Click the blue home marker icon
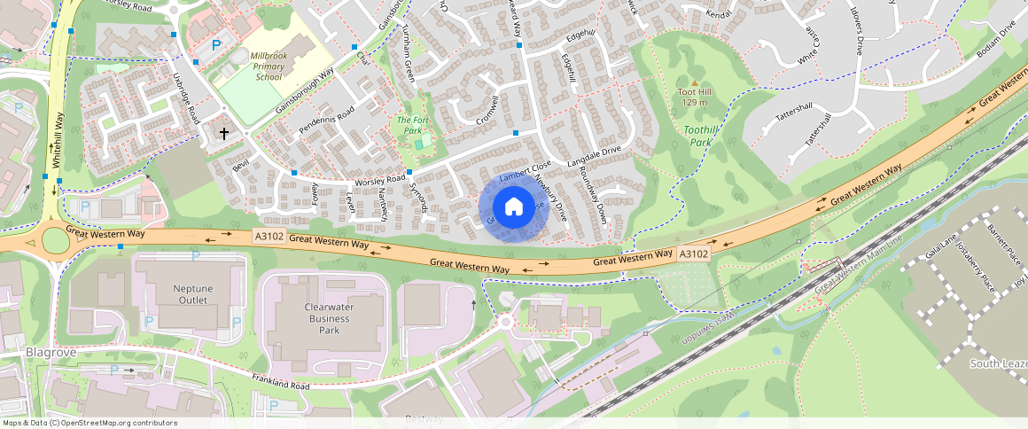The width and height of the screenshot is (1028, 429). pyautogui.click(x=513, y=207)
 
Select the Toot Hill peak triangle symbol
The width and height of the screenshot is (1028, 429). pyautogui.click(x=694, y=83)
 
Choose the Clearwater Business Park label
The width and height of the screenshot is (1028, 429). pyautogui.click(x=316, y=319)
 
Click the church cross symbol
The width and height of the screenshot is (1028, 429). pyautogui.click(x=223, y=134)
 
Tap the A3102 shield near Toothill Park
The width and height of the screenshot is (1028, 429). pyautogui.click(x=694, y=254)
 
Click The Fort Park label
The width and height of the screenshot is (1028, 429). pyautogui.click(x=409, y=125)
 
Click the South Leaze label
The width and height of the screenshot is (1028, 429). pyautogui.click(x=998, y=364)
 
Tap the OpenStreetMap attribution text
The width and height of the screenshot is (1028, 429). pyautogui.click(x=89, y=423)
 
